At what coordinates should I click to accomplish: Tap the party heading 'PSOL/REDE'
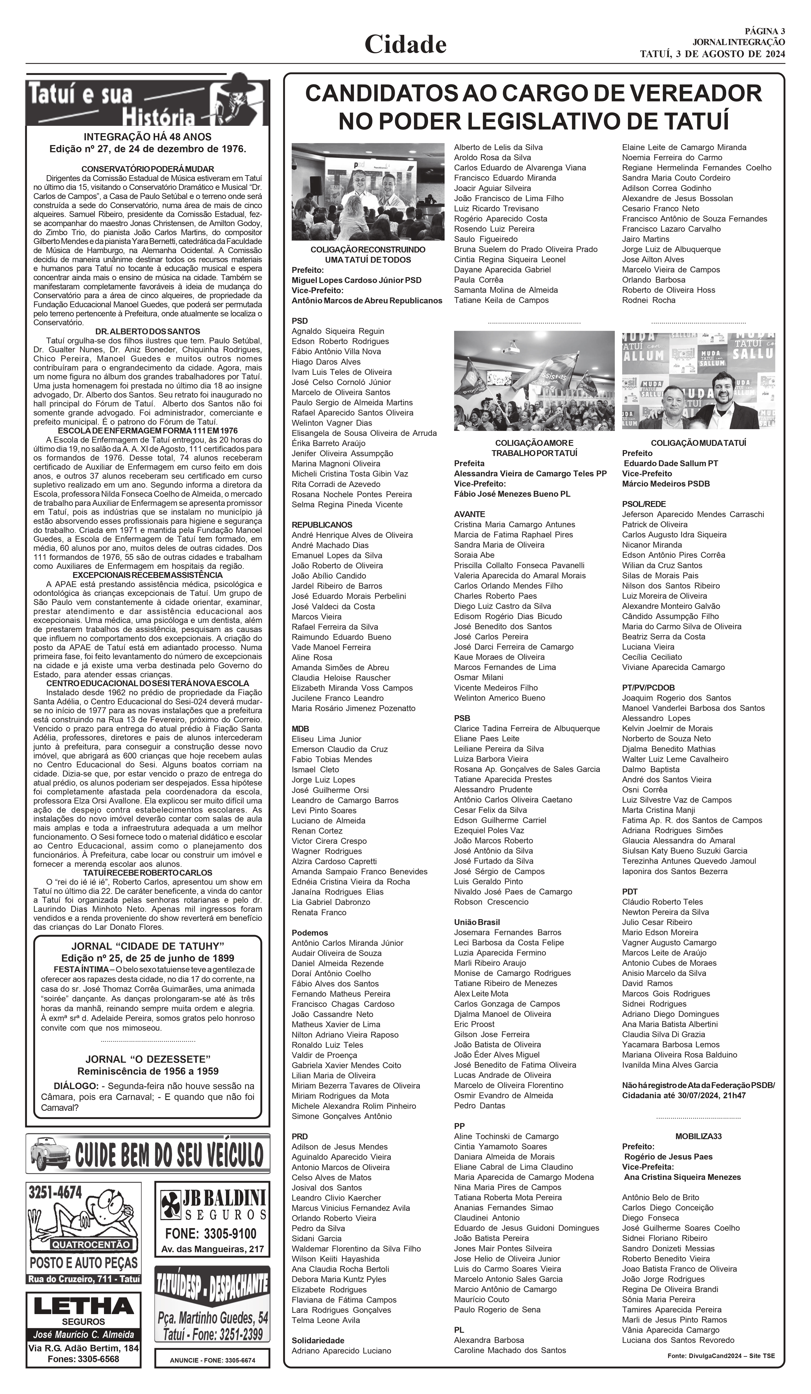(644, 504)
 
